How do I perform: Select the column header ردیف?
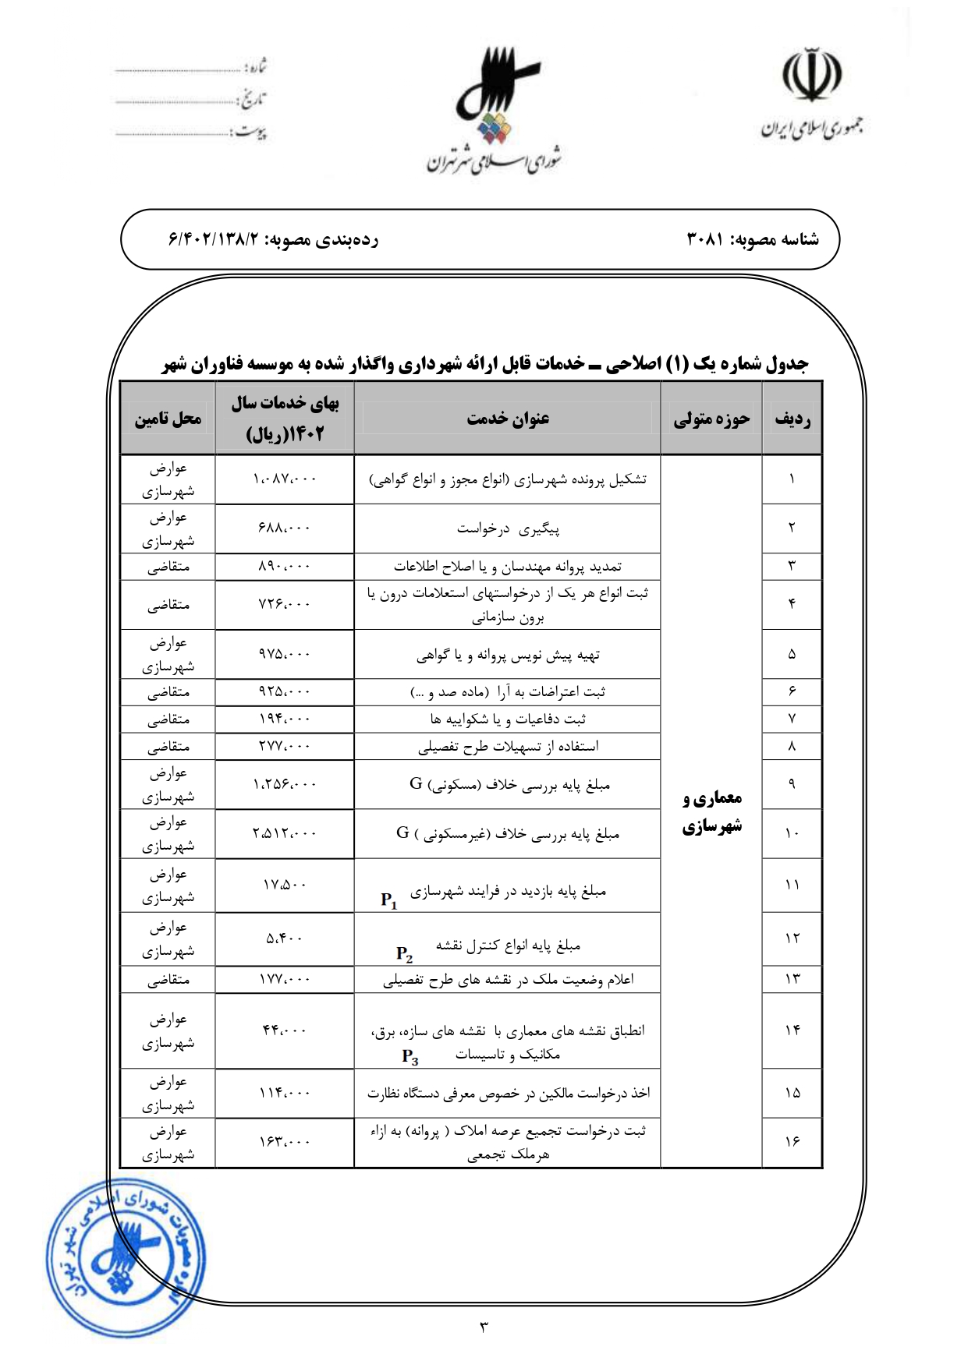[x=792, y=419]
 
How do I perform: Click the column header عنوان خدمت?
[x=508, y=419]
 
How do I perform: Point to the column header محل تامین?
[x=168, y=419]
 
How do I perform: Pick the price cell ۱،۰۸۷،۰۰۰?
[x=285, y=479]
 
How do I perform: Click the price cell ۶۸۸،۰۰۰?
[x=285, y=528]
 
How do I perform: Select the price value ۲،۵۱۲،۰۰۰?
[x=285, y=833]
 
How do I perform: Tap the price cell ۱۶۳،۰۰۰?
[x=285, y=1143]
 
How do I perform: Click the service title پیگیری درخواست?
[x=508, y=529]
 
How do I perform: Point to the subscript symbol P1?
[x=389, y=900]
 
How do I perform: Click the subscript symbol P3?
[x=410, y=1057]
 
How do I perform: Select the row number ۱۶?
[x=792, y=1142]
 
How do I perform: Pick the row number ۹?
[x=792, y=784]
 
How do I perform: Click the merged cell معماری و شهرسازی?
[x=711, y=811]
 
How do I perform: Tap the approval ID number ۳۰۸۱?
[x=706, y=240]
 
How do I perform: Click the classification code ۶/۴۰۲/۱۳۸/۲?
[x=213, y=240]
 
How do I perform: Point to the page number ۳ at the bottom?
[x=484, y=1326]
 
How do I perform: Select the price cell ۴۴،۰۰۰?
[x=285, y=1030]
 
